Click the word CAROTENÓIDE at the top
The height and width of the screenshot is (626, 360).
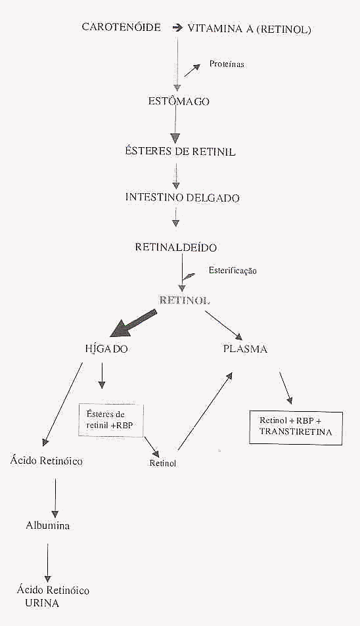pos(121,27)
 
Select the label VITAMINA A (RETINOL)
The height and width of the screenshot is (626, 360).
pos(250,29)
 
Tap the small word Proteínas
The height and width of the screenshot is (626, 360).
pos(227,64)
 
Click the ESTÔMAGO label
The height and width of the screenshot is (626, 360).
pos(179,101)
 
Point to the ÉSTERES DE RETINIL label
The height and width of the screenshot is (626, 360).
pos(179,152)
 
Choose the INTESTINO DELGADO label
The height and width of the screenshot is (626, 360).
pos(183,197)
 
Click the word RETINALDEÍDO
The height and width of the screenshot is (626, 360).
pos(175,247)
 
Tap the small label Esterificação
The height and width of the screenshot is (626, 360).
pos(233,270)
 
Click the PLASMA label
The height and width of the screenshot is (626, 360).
pos(246,349)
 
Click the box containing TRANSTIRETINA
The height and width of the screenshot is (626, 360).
pos(296,428)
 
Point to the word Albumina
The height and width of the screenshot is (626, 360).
pos(47,525)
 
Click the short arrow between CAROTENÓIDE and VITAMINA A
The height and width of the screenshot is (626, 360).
pos(176,28)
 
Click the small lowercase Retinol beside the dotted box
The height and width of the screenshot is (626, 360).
pos(163,463)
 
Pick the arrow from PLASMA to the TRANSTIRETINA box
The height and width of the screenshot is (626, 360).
pos(285,389)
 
